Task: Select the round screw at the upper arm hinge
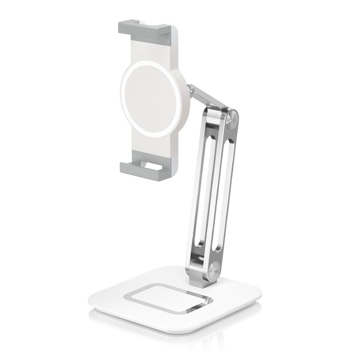click(232, 119)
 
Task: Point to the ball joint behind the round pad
click(191, 90)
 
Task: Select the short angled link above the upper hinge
click(209, 97)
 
